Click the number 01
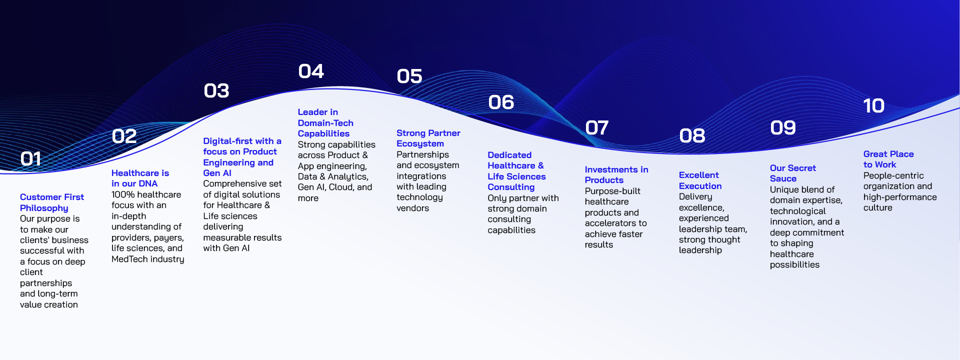[30, 159]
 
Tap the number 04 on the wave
[311, 71]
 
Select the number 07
[597, 128]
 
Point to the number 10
[874, 106]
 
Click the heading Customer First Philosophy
[52, 202]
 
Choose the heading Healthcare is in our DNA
[140, 178]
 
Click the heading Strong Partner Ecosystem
[428, 138]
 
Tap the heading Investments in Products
[616, 175]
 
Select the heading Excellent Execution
[700, 180]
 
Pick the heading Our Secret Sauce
[793, 173]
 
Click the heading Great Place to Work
[888, 159]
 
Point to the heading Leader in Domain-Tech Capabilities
[325, 123]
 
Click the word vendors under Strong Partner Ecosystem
[412, 208]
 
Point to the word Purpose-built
[612, 191]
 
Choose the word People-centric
[893, 175]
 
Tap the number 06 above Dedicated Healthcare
[501, 102]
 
